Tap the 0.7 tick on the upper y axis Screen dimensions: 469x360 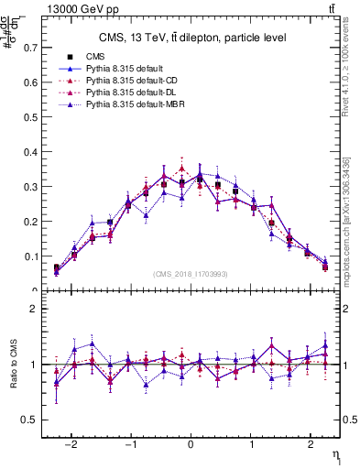pos(29,46)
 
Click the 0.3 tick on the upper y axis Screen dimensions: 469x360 pos(29,186)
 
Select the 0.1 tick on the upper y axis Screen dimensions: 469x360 pos(29,256)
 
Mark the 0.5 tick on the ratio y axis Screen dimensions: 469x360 pos(29,420)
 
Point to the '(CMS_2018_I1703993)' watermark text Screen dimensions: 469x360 pos(190,274)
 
